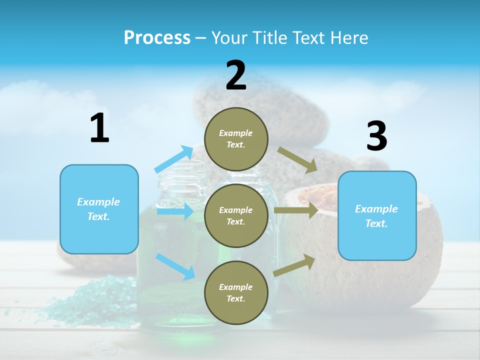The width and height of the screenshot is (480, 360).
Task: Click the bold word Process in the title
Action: click(157, 37)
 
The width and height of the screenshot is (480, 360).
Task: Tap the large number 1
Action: click(99, 129)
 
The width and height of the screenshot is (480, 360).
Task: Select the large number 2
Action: click(236, 76)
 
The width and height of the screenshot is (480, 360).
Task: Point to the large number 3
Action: click(376, 137)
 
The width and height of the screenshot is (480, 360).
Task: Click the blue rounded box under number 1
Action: click(99, 209)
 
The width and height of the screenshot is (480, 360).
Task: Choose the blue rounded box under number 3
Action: click(377, 215)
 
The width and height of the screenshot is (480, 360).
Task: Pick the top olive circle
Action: click(236, 138)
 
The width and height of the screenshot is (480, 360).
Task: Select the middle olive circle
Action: click(236, 215)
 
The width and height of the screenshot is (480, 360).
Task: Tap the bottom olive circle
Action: click(236, 292)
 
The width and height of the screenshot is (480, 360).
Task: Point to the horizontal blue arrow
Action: click(175, 211)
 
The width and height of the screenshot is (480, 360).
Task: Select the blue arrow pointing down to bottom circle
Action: click(175, 266)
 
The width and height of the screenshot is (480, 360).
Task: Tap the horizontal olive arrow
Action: click(296, 210)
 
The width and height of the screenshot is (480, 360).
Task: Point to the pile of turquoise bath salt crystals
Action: click(95, 300)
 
